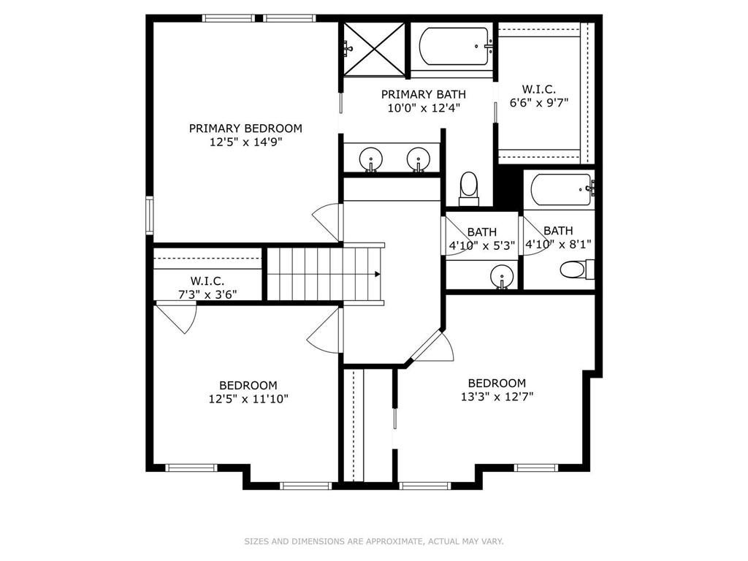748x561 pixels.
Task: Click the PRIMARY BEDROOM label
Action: (x=245, y=129)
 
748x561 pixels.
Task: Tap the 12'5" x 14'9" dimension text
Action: (x=245, y=142)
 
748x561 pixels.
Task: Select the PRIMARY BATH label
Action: (x=423, y=94)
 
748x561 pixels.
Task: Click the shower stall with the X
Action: (x=375, y=50)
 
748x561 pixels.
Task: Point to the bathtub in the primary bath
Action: (x=454, y=46)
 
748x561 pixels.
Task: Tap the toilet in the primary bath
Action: (x=468, y=188)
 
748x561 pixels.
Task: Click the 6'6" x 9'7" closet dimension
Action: (x=539, y=102)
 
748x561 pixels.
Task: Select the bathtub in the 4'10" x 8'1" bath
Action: (x=562, y=189)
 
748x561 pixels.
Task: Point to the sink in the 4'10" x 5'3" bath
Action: (x=502, y=276)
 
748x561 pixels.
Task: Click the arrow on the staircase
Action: (x=377, y=275)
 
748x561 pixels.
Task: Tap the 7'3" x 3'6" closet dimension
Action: (x=207, y=294)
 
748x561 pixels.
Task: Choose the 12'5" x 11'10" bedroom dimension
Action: (x=248, y=398)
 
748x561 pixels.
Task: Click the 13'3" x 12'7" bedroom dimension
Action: (x=497, y=397)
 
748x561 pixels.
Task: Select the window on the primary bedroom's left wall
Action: (x=149, y=215)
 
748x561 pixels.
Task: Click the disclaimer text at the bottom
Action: (x=374, y=541)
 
